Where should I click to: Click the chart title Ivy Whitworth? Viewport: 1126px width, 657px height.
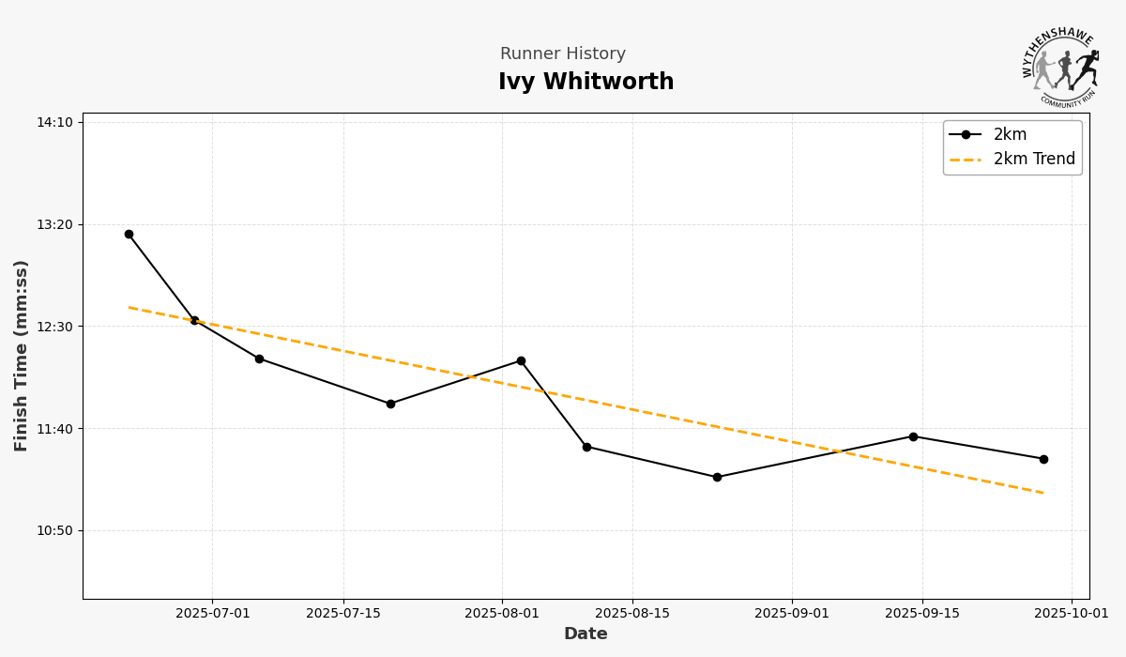point(586,83)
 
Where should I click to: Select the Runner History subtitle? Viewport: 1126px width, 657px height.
point(562,54)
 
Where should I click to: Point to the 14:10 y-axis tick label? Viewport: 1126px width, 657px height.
point(54,122)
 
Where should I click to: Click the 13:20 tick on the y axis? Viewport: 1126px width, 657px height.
point(54,224)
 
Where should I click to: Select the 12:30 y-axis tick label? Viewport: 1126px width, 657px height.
point(54,327)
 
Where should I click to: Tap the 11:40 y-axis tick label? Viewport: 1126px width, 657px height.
point(54,429)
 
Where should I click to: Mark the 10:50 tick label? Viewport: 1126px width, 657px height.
point(54,530)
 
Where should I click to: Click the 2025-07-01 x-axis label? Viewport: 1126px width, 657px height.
point(212,614)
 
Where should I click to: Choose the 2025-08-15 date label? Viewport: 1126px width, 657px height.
point(632,614)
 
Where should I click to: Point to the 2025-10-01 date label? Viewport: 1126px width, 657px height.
point(1072,614)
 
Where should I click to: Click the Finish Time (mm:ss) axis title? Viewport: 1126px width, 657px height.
point(22,356)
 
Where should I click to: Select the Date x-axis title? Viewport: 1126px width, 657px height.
point(586,634)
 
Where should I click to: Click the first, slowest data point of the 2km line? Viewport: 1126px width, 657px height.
point(129,234)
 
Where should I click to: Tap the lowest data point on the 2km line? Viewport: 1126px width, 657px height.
point(717,477)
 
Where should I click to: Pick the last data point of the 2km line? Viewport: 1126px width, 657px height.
point(1043,459)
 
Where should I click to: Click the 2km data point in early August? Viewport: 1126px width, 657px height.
point(521,360)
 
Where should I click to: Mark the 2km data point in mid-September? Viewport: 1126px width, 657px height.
point(913,436)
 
